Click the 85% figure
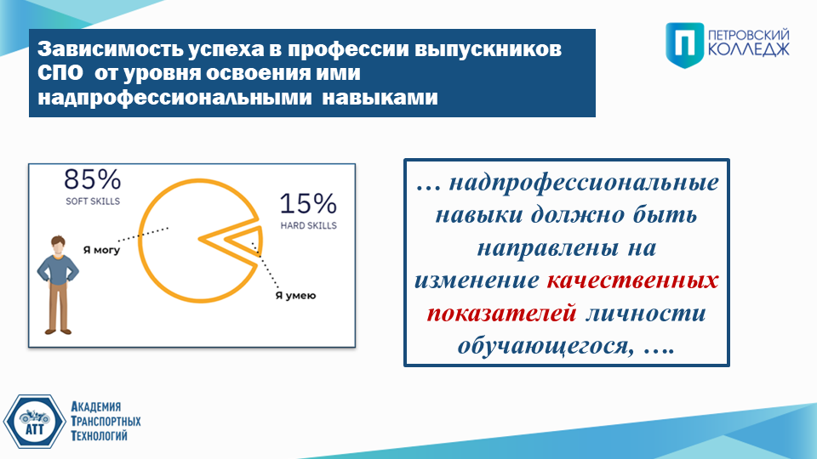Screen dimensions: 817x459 [92, 179]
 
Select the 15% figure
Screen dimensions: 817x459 [308, 203]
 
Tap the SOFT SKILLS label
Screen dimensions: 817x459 [93, 201]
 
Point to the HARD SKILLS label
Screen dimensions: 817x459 [308, 225]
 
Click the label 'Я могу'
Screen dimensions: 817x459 [101, 250]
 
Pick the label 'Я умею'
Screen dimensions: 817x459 [295, 296]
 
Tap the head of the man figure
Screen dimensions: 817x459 [58, 246]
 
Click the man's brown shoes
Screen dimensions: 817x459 [58, 331]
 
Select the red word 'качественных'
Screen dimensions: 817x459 [632, 280]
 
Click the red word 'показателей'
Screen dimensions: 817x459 [501, 314]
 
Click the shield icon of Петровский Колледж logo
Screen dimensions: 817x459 [684, 45]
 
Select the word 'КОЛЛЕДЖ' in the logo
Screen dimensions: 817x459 [749, 49]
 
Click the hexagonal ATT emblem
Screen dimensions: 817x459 [34, 422]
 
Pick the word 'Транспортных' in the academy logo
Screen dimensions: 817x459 [106, 421]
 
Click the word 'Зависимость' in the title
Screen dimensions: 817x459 [110, 49]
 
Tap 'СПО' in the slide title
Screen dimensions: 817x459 [60, 73]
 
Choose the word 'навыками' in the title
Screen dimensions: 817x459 [380, 97]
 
